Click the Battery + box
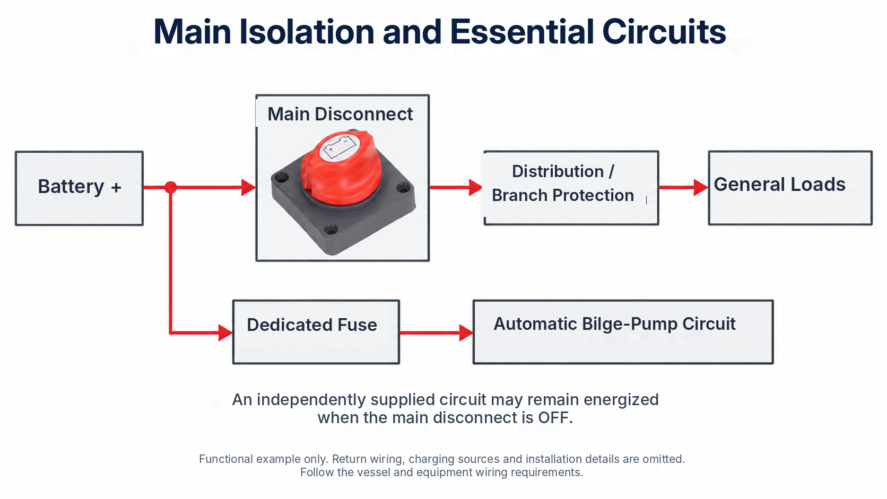click(x=79, y=188)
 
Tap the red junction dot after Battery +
click(x=170, y=187)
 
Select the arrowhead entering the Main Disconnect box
click(x=248, y=187)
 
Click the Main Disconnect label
click(x=340, y=114)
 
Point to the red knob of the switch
click(x=341, y=168)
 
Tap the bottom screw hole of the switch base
click(x=331, y=229)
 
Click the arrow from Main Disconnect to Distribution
click(x=456, y=187)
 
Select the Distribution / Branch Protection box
click(x=571, y=188)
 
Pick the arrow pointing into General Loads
click(x=684, y=187)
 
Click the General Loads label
click(x=779, y=185)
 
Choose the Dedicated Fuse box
click(x=316, y=332)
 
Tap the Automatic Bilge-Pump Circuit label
click(x=614, y=324)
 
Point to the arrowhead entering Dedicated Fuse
click(x=225, y=332)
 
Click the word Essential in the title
click(x=521, y=31)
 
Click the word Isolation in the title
click(x=307, y=31)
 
